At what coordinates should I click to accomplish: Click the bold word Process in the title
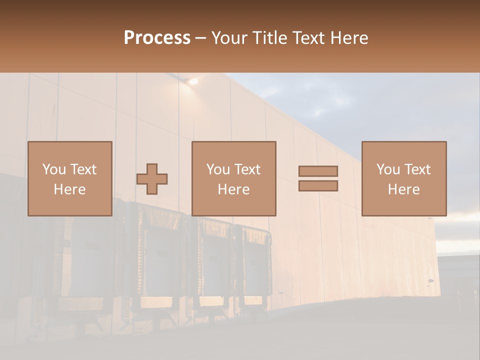click(157, 38)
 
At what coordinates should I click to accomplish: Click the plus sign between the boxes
click(152, 179)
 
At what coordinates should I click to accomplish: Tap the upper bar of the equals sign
click(318, 171)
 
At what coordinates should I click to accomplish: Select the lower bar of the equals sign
click(318, 186)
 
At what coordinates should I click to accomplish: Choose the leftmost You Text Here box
click(69, 178)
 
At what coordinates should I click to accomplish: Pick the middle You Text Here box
click(233, 178)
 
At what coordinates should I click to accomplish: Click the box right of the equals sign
click(403, 178)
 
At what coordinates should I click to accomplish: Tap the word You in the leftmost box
click(53, 169)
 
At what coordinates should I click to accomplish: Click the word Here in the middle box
click(233, 189)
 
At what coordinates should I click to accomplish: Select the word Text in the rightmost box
click(416, 169)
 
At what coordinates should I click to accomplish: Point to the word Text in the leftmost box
click(82, 169)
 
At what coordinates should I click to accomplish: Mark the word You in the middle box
click(217, 169)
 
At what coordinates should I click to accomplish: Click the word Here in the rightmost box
click(403, 189)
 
